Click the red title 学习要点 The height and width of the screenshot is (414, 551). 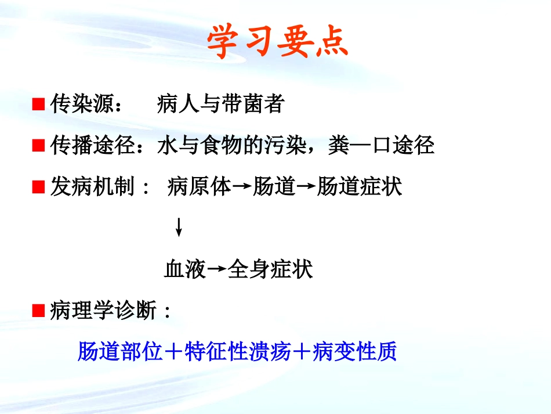[x=278, y=42]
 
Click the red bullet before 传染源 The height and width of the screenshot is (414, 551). [x=39, y=105]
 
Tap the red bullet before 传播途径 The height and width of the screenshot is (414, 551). [x=39, y=146]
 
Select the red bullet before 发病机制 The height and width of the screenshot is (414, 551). [x=39, y=188]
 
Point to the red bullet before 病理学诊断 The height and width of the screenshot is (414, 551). [x=39, y=311]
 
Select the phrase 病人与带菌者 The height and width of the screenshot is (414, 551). [x=220, y=105]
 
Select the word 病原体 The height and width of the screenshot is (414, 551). [x=198, y=188]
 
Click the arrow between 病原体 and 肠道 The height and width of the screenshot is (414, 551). [x=242, y=188]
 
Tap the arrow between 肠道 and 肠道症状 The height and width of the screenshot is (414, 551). [x=306, y=188]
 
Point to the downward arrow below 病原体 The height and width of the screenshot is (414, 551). [x=179, y=227]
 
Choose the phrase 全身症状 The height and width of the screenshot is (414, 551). [x=270, y=269]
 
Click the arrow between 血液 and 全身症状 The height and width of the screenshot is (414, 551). [x=216, y=269]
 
